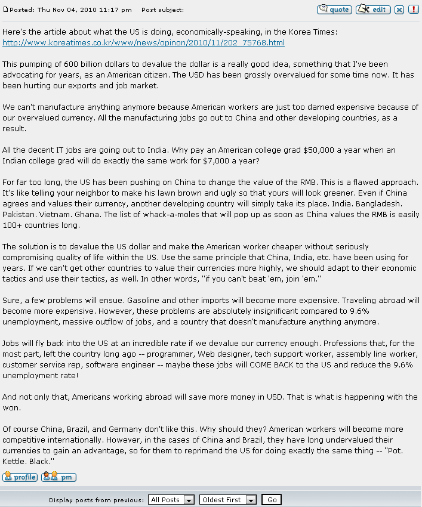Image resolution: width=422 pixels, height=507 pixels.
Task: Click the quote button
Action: tap(334, 10)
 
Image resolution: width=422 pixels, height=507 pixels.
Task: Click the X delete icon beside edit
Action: tap(399, 10)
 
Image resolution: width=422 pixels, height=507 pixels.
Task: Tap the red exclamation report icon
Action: tap(412, 10)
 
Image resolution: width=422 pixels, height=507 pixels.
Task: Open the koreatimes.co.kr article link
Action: tap(143, 43)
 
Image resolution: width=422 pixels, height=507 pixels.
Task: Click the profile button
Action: tap(20, 477)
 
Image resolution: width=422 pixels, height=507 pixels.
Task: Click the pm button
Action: tap(58, 477)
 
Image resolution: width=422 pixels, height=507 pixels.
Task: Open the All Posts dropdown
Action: tap(172, 500)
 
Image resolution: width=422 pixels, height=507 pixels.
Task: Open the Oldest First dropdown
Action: tap(228, 500)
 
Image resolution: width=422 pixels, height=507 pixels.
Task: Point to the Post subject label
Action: tap(162, 10)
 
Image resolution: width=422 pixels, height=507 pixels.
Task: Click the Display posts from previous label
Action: tap(96, 500)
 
